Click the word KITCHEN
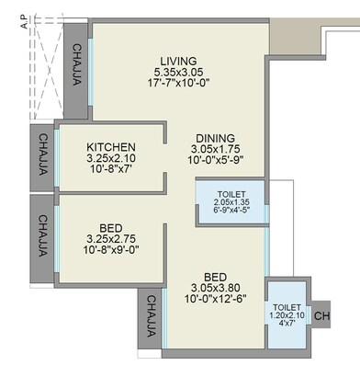point(111,147)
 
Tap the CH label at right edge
point(321,317)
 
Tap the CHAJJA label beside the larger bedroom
point(151,321)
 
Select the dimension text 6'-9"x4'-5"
point(231,211)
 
